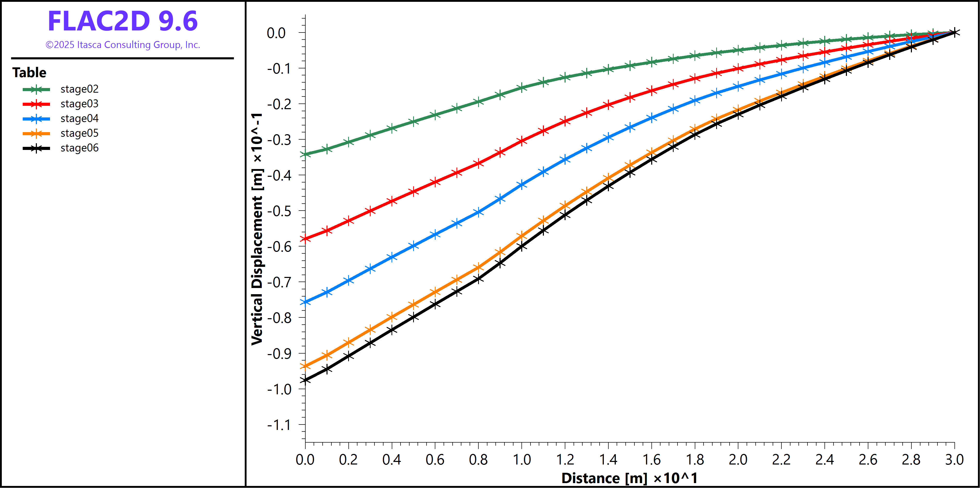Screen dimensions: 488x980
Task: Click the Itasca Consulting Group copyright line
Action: tap(123, 45)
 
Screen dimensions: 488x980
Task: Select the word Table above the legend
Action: tap(29, 72)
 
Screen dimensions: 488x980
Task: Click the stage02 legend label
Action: tap(79, 89)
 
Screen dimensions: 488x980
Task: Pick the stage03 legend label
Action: tap(79, 104)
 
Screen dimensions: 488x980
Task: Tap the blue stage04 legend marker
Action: tap(36, 119)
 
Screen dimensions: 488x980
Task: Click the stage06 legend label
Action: tap(79, 148)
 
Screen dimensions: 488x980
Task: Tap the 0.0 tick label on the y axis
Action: tap(276, 33)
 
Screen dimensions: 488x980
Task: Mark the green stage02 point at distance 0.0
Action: tap(305, 154)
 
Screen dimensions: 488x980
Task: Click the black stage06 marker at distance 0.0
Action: tap(305, 380)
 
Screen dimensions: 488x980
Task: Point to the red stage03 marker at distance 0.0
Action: tap(305, 239)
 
